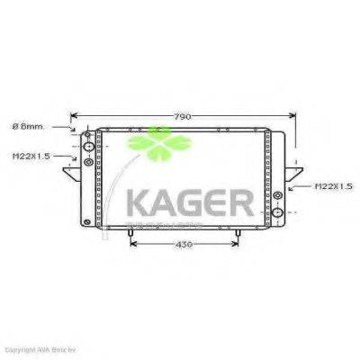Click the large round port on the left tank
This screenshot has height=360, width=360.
coord(88,147)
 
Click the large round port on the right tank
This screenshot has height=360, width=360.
coord(279,213)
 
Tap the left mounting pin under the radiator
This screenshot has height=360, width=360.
coord(132,235)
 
